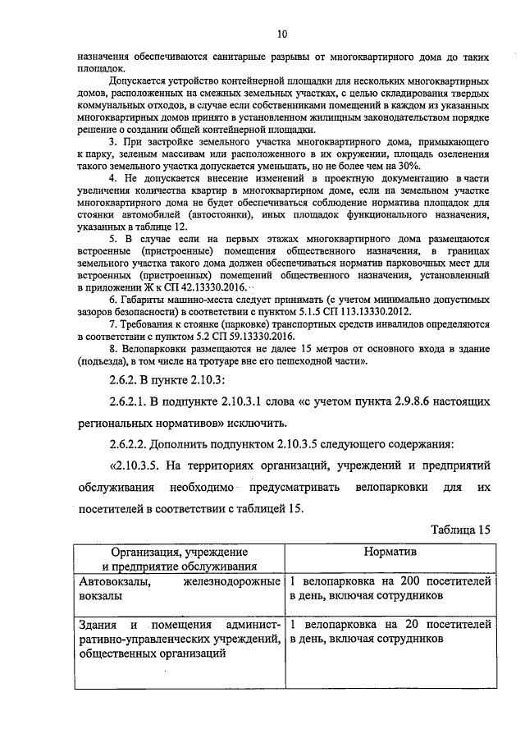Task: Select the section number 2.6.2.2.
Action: pyautogui.click(x=135, y=445)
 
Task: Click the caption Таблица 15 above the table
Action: pyautogui.click(x=460, y=530)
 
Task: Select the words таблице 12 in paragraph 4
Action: pyautogui.click(x=155, y=226)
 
